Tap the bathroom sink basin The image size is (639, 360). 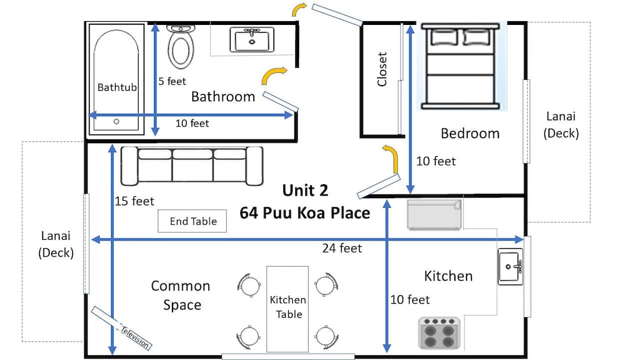click(x=252, y=40)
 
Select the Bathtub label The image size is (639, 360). click(x=117, y=87)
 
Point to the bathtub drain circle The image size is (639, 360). click(x=116, y=121)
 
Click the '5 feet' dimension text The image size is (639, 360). click(x=172, y=82)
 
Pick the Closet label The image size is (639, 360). click(x=382, y=69)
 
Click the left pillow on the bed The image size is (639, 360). click(x=445, y=38)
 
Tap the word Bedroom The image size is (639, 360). click(x=470, y=133)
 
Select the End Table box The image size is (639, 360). click(x=192, y=221)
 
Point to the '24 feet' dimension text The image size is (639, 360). click(x=342, y=248)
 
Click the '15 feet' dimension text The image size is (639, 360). click(x=134, y=201)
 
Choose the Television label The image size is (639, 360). click(x=135, y=337)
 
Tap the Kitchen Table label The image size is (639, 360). click(x=288, y=307)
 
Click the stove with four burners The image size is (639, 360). click(x=440, y=333)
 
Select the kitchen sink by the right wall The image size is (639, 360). click(x=510, y=267)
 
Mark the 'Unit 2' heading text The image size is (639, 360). click(x=305, y=191)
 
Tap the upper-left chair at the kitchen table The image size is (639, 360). click(x=249, y=285)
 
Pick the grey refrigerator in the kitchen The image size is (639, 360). click(x=435, y=214)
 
